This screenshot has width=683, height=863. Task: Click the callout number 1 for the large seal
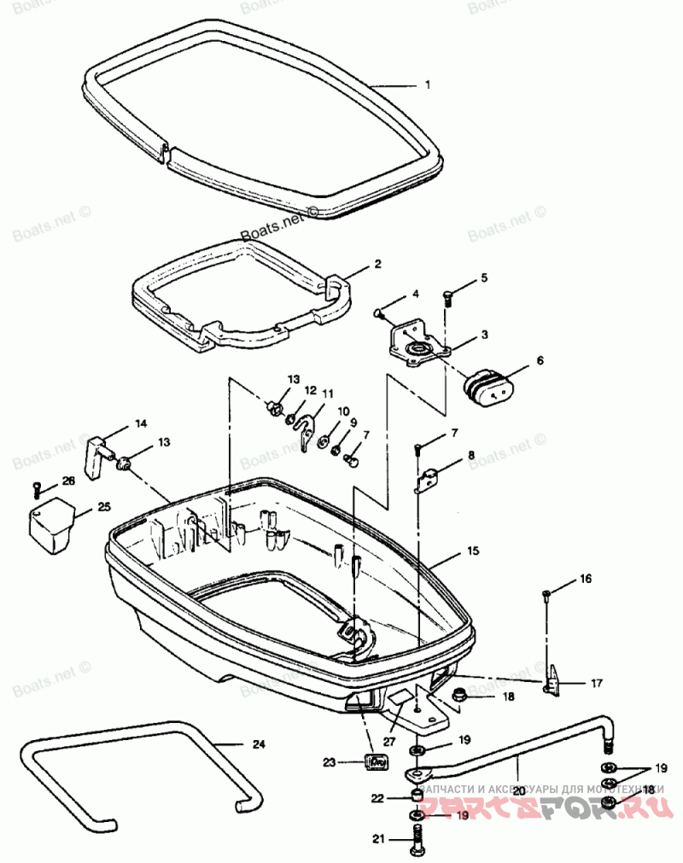428,85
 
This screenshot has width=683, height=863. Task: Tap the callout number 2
377,265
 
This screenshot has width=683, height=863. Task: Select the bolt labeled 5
448,296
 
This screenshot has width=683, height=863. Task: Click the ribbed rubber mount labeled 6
490,387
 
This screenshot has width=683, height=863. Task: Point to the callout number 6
539,361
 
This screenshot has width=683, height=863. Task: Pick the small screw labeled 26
38,488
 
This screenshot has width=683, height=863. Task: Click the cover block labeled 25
50,522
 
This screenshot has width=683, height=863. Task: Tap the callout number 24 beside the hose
259,743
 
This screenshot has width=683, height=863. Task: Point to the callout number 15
473,552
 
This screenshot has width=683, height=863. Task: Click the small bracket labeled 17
553,679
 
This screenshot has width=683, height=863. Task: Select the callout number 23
330,761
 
